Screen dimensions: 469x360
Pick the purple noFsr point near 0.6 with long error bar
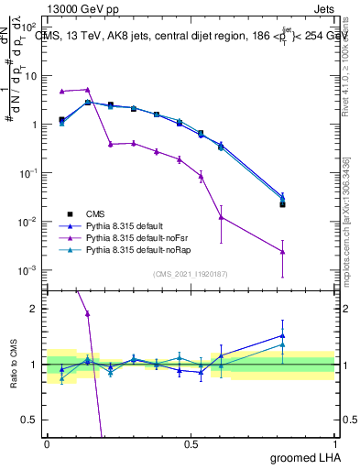click(221, 217)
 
